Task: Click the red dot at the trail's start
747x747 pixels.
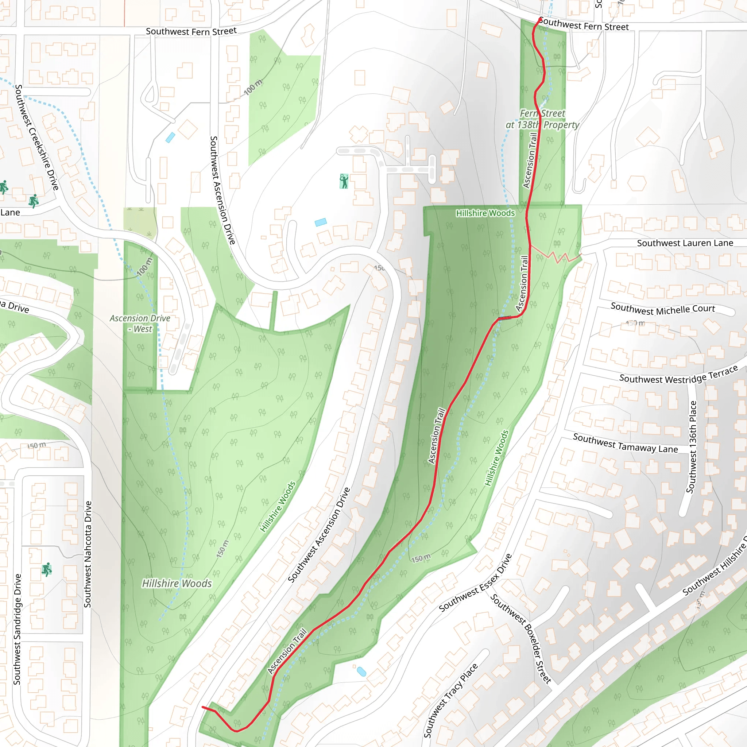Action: (540, 20)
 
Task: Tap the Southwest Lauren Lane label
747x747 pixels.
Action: (685, 243)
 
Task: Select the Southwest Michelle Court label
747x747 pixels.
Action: (663, 309)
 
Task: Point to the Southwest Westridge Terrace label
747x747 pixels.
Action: (678, 376)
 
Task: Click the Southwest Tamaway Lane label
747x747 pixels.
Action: (625, 443)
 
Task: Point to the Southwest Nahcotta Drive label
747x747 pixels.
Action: (88, 554)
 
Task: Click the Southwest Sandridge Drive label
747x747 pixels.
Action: (17, 629)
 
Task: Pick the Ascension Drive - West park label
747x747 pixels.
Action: (140, 324)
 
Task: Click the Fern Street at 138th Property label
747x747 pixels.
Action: (542, 119)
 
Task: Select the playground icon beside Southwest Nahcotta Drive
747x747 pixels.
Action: (47, 569)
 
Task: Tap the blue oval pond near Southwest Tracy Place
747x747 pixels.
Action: (361, 671)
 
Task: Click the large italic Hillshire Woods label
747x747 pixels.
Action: (177, 583)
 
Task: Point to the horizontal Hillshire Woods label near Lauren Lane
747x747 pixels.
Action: (485, 213)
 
